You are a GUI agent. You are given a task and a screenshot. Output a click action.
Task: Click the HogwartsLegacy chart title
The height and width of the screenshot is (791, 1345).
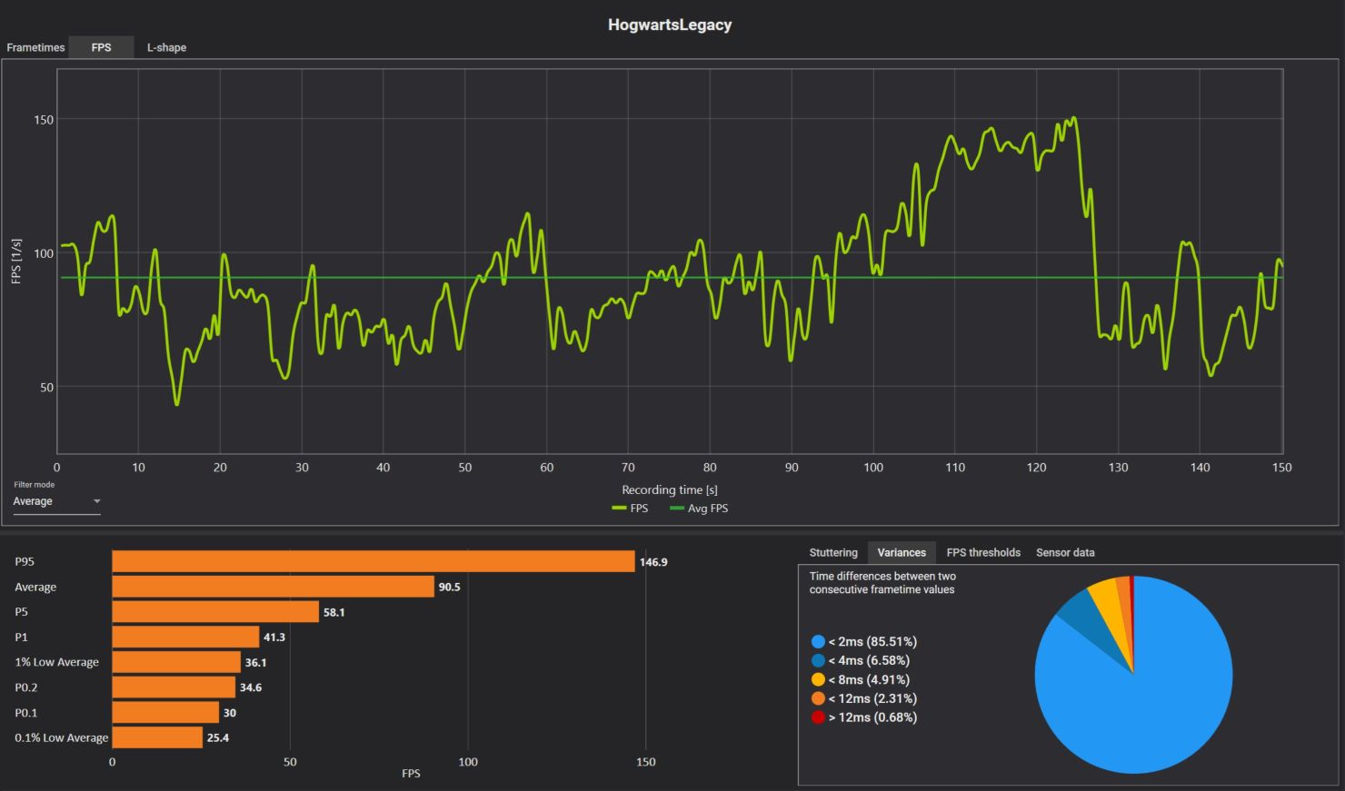[670, 25]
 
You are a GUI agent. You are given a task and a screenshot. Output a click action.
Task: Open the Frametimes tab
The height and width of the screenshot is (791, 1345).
[35, 47]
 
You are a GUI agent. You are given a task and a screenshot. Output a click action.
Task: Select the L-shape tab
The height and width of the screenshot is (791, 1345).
[166, 47]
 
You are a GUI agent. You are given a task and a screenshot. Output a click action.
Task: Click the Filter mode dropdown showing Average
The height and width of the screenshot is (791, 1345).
[56, 501]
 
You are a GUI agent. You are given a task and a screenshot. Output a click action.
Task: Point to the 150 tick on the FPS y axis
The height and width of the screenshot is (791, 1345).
[44, 120]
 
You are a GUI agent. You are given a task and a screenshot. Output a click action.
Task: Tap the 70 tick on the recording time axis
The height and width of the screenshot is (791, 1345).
[628, 468]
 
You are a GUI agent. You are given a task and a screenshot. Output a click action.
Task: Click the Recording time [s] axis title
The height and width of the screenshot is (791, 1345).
[670, 489]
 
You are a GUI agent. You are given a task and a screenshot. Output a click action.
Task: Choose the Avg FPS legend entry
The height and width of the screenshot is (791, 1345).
[699, 509]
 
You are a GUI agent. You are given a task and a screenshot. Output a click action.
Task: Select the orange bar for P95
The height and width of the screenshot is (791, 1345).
[373, 562]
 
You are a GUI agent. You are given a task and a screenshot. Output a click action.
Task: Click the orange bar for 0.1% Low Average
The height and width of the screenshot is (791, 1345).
[157, 737]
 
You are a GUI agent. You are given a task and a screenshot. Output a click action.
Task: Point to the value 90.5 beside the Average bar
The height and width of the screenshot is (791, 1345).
[449, 588]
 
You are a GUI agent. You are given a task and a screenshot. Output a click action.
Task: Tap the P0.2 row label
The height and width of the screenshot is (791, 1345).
[27, 687]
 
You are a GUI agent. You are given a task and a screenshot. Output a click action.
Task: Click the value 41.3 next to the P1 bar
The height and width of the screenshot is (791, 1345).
[274, 638]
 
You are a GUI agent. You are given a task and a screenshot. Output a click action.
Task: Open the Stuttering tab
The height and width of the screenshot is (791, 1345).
[833, 552]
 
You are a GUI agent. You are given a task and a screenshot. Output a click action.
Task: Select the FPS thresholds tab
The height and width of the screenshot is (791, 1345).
[983, 552]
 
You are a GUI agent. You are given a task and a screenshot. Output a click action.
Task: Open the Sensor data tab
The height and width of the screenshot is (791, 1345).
[1065, 552]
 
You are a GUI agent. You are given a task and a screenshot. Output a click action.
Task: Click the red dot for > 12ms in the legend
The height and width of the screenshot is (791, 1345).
[818, 717]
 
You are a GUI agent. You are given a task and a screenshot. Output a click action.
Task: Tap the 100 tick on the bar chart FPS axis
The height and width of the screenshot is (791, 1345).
[468, 762]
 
